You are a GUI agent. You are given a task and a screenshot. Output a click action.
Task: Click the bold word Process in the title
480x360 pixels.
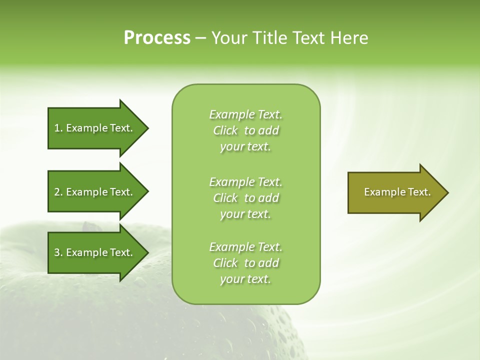[x=157, y=38]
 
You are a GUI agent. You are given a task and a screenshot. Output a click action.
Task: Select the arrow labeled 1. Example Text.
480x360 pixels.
[x=95, y=128]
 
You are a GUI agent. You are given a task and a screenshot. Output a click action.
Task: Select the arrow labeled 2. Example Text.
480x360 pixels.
[x=95, y=192]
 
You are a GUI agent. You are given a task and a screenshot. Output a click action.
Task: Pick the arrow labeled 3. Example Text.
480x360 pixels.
[x=95, y=252]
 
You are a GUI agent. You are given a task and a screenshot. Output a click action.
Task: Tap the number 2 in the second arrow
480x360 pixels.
[x=57, y=192]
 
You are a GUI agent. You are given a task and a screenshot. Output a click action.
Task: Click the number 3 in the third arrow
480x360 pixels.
[x=57, y=252]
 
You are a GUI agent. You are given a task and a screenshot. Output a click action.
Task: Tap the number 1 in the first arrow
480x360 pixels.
[x=57, y=128]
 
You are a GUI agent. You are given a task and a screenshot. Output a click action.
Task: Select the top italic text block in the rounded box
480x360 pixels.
[x=246, y=130]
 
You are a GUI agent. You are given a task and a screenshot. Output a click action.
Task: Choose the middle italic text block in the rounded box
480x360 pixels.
[x=246, y=198]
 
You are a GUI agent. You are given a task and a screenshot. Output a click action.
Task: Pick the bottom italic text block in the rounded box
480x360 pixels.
[x=246, y=263]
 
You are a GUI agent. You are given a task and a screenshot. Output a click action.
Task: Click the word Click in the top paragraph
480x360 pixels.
[x=225, y=130]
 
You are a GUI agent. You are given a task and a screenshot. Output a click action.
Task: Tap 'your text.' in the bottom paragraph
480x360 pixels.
[x=245, y=279]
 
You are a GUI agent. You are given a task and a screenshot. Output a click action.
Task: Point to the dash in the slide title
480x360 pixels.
[x=200, y=38]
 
